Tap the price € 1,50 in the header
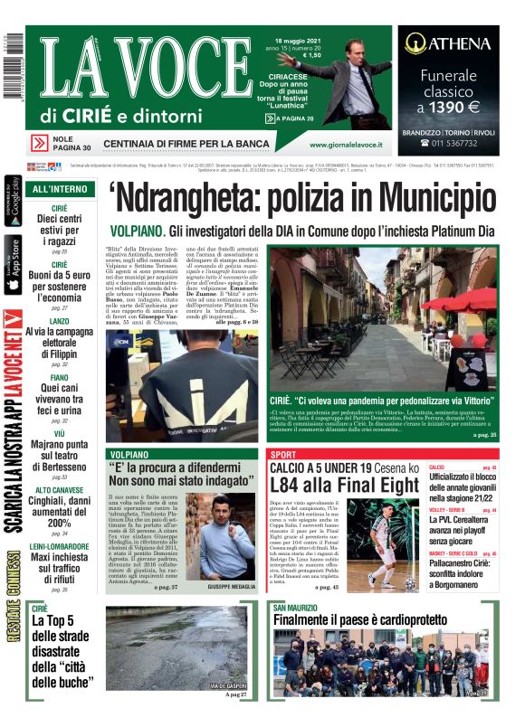pyautogui.click(x=313, y=55)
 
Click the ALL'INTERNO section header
pyautogui.click(x=60, y=189)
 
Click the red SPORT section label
pyautogui.click(x=284, y=452)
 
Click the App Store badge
pyautogui.click(x=12, y=265)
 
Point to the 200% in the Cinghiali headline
pyautogui.click(x=60, y=523)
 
